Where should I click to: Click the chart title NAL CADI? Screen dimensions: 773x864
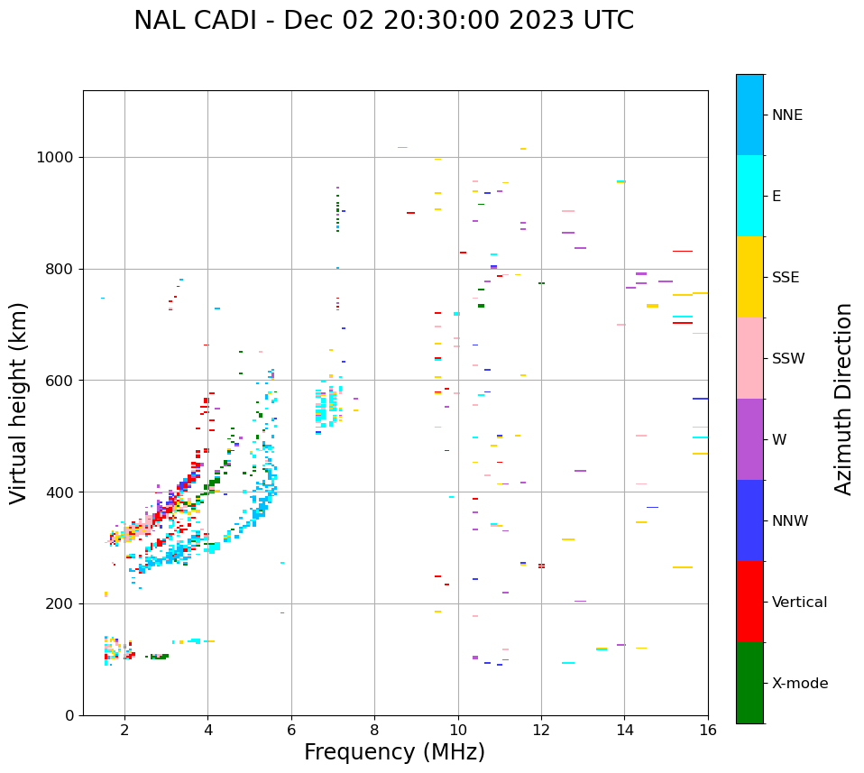383,21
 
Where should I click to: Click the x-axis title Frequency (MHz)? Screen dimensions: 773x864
394,752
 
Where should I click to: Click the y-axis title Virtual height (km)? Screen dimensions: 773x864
19,402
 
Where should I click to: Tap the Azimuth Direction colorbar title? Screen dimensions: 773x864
843,399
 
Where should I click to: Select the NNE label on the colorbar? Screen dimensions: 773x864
786,115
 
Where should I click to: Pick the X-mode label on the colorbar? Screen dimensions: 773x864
799,684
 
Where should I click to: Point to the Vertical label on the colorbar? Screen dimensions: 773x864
799,603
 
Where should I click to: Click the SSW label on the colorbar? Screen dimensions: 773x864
788,359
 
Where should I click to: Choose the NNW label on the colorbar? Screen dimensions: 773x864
790,521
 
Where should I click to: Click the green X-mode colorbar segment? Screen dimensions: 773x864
749,683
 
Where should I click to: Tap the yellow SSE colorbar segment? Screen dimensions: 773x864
749,277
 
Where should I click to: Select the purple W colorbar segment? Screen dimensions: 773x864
749,439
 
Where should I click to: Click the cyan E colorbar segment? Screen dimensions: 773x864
749,196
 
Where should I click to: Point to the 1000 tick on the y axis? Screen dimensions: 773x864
58,157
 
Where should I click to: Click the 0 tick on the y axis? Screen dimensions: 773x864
70,715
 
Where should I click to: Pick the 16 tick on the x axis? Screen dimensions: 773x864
708,730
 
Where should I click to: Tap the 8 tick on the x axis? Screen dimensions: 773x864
374,730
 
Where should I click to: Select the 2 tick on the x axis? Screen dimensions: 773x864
124,730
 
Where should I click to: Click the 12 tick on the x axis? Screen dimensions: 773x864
541,730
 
